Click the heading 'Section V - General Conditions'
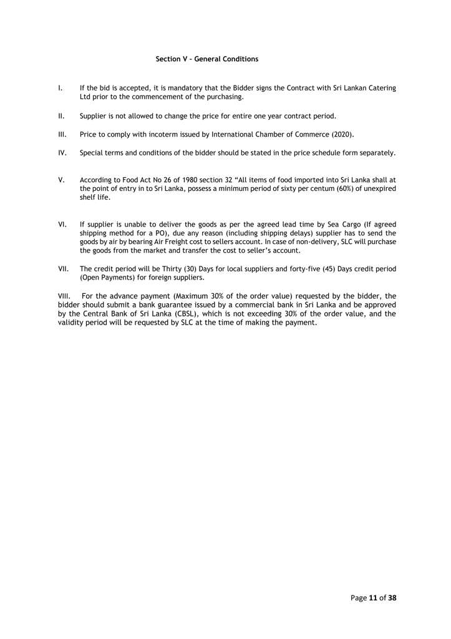(206, 59)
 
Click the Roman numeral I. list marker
(60, 88)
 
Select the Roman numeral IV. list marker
(62, 153)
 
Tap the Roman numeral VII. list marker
(63, 269)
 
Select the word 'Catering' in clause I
(381, 88)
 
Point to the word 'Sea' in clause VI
(334, 224)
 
